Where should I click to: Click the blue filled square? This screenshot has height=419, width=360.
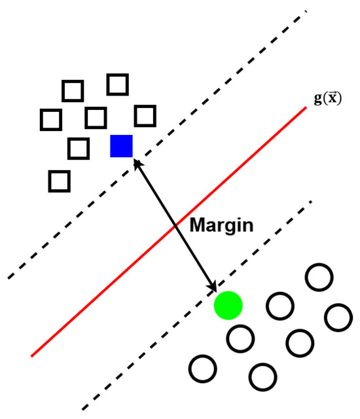click(122, 146)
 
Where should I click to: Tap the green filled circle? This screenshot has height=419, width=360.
click(228, 304)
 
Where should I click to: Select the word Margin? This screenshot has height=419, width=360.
click(221, 226)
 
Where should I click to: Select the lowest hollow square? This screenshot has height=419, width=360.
click(60, 180)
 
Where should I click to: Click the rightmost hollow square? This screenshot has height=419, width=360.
click(145, 116)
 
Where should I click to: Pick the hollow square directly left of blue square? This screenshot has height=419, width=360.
click(79, 149)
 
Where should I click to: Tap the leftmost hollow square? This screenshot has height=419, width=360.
click(50, 120)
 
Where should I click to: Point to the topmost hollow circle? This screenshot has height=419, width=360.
click(319, 277)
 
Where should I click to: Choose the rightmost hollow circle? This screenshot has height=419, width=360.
click(338, 318)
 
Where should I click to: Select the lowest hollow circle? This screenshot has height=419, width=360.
click(262, 376)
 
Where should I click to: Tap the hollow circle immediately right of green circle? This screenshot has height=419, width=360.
click(279, 304)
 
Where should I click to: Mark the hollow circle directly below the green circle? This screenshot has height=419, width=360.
click(240, 338)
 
